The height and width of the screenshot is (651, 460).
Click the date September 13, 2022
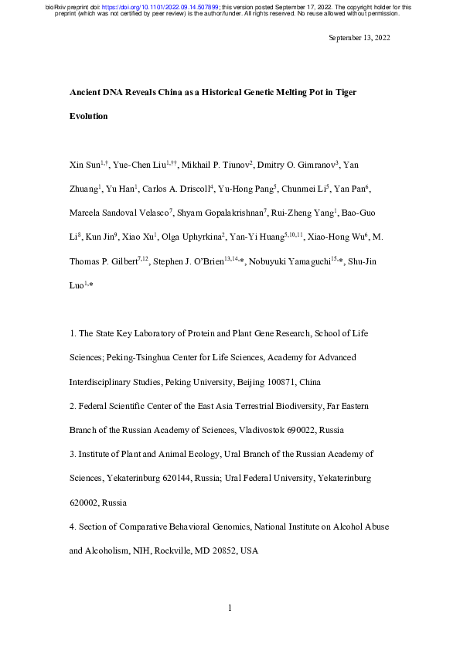click(x=359, y=38)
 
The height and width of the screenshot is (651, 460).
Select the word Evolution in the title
click(x=89, y=117)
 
